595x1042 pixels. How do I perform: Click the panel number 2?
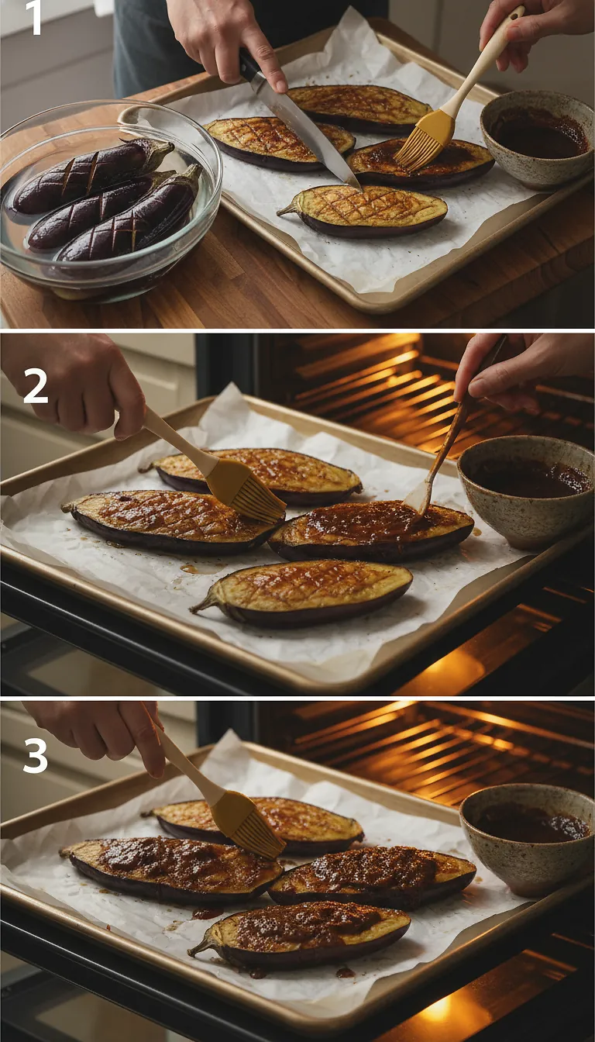click(36, 386)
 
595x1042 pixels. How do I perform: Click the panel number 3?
click(36, 757)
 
